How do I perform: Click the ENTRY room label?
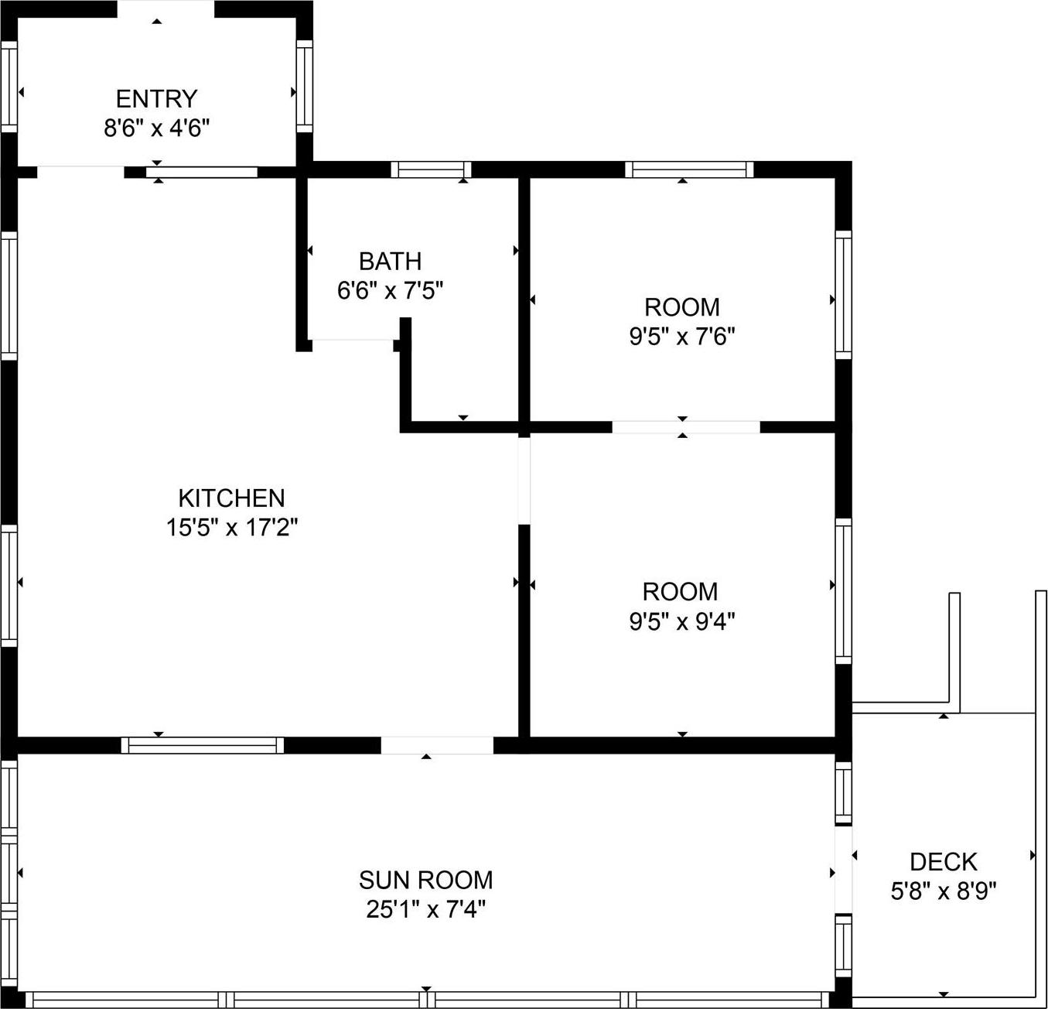[x=157, y=99]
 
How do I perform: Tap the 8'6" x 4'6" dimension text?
[x=157, y=128]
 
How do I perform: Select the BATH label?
[x=390, y=261]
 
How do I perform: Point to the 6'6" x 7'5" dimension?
[x=390, y=291]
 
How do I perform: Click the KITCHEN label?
[x=231, y=498]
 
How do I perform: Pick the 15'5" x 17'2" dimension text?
[x=231, y=528]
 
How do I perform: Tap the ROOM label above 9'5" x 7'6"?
[x=681, y=307]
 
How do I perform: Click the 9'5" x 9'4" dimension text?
[x=681, y=621]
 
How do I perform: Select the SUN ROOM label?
[x=425, y=880]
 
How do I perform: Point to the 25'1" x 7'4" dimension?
[x=425, y=909]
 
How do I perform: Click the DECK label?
[x=943, y=862]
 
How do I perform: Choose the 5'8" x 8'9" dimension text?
[x=943, y=891]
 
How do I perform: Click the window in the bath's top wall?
[x=431, y=169]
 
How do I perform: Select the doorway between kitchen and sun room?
[x=437, y=745]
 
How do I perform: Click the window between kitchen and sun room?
[x=203, y=745]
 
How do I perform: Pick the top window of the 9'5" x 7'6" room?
[x=688, y=169]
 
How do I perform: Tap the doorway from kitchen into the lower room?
[x=524, y=480]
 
